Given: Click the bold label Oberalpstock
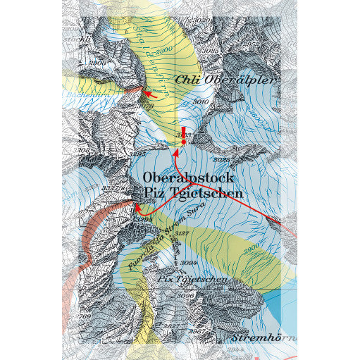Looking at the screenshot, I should click(x=188, y=178).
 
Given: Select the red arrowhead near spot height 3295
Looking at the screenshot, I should click(x=139, y=209).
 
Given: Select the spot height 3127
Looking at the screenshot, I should click(x=182, y=233).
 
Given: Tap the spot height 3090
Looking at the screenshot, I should click(x=185, y=296).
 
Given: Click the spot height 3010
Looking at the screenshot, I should click(x=201, y=102).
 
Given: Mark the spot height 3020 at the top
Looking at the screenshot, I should click(x=201, y=22).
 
